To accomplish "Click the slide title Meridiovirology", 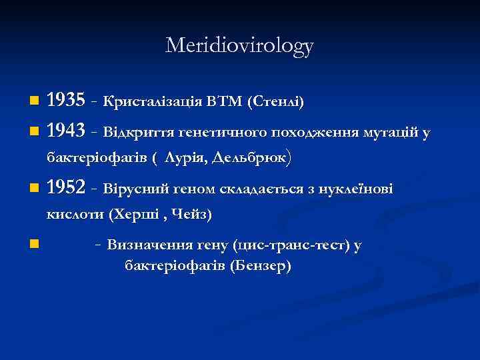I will [x=239, y=45].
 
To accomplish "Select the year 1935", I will [x=66, y=101].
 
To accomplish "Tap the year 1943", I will [x=66, y=133].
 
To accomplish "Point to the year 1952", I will [x=66, y=189].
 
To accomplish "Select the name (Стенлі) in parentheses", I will [x=275, y=103].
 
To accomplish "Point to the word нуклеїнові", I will [x=359, y=190].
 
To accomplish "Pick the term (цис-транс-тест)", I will [x=292, y=245].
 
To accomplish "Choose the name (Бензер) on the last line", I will [x=260, y=266].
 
